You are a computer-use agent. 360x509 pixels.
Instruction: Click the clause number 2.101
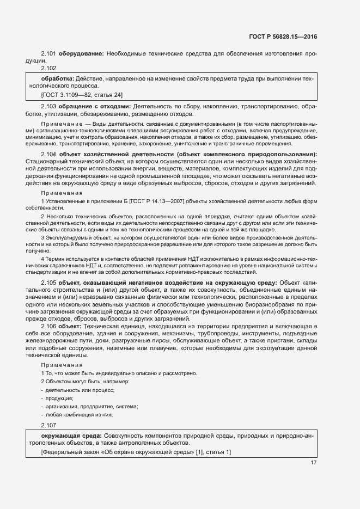coord(49,54)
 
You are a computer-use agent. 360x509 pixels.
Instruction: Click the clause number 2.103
coord(49,106)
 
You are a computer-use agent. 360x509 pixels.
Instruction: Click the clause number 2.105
coord(49,283)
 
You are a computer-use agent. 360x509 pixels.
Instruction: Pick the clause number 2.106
coord(49,326)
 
